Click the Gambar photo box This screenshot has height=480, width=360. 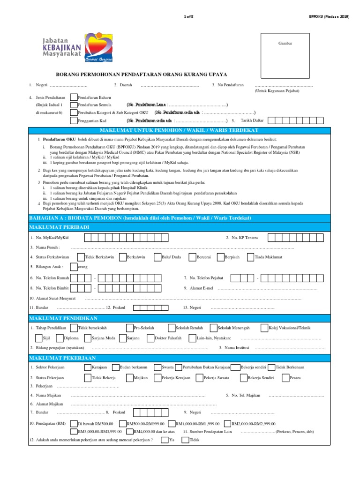point(285,55)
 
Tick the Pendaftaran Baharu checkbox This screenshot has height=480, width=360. point(74,97)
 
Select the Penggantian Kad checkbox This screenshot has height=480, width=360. point(74,120)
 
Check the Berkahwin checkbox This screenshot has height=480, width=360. point(123,257)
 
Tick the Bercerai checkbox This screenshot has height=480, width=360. point(192,257)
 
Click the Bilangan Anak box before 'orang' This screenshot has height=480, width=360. point(74,267)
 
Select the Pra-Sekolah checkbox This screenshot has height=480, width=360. point(130,328)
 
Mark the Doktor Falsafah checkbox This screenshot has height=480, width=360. point(150,337)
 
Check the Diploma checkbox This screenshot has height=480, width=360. point(60,337)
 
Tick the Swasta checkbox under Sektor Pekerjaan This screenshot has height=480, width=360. point(157,367)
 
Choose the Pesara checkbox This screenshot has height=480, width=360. point(285,377)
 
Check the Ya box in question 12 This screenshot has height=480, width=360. point(165,440)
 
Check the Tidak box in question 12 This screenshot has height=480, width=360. point(185,440)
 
